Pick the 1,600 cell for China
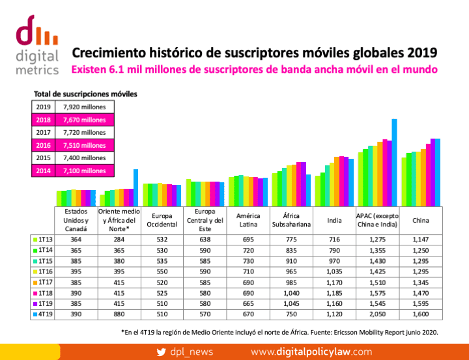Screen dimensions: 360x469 point(421,314)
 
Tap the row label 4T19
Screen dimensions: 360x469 point(44,314)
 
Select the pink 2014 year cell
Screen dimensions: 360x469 point(44,171)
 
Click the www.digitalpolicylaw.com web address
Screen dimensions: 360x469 point(311,352)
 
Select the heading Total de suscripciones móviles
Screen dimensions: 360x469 point(85,94)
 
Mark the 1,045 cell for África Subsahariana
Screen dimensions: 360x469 point(292,303)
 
